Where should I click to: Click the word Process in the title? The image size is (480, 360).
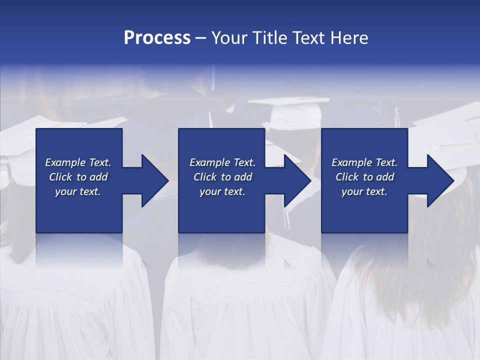(x=157, y=38)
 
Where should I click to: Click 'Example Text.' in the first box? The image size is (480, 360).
(x=78, y=162)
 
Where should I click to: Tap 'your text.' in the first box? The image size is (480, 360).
(x=78, y=191)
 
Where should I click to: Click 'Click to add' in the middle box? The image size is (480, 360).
(x=222, y=177)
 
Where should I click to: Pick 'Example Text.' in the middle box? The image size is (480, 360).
(x=222, y=162)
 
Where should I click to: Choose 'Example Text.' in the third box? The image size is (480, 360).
(x=364, y=162)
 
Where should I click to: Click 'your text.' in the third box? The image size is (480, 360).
(x=364, y=191)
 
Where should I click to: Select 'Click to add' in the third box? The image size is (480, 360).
(x=364, y=177)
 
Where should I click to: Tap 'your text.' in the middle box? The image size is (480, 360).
(x=222, y=191)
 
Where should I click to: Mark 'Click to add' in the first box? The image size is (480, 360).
(x=78, y=177)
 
